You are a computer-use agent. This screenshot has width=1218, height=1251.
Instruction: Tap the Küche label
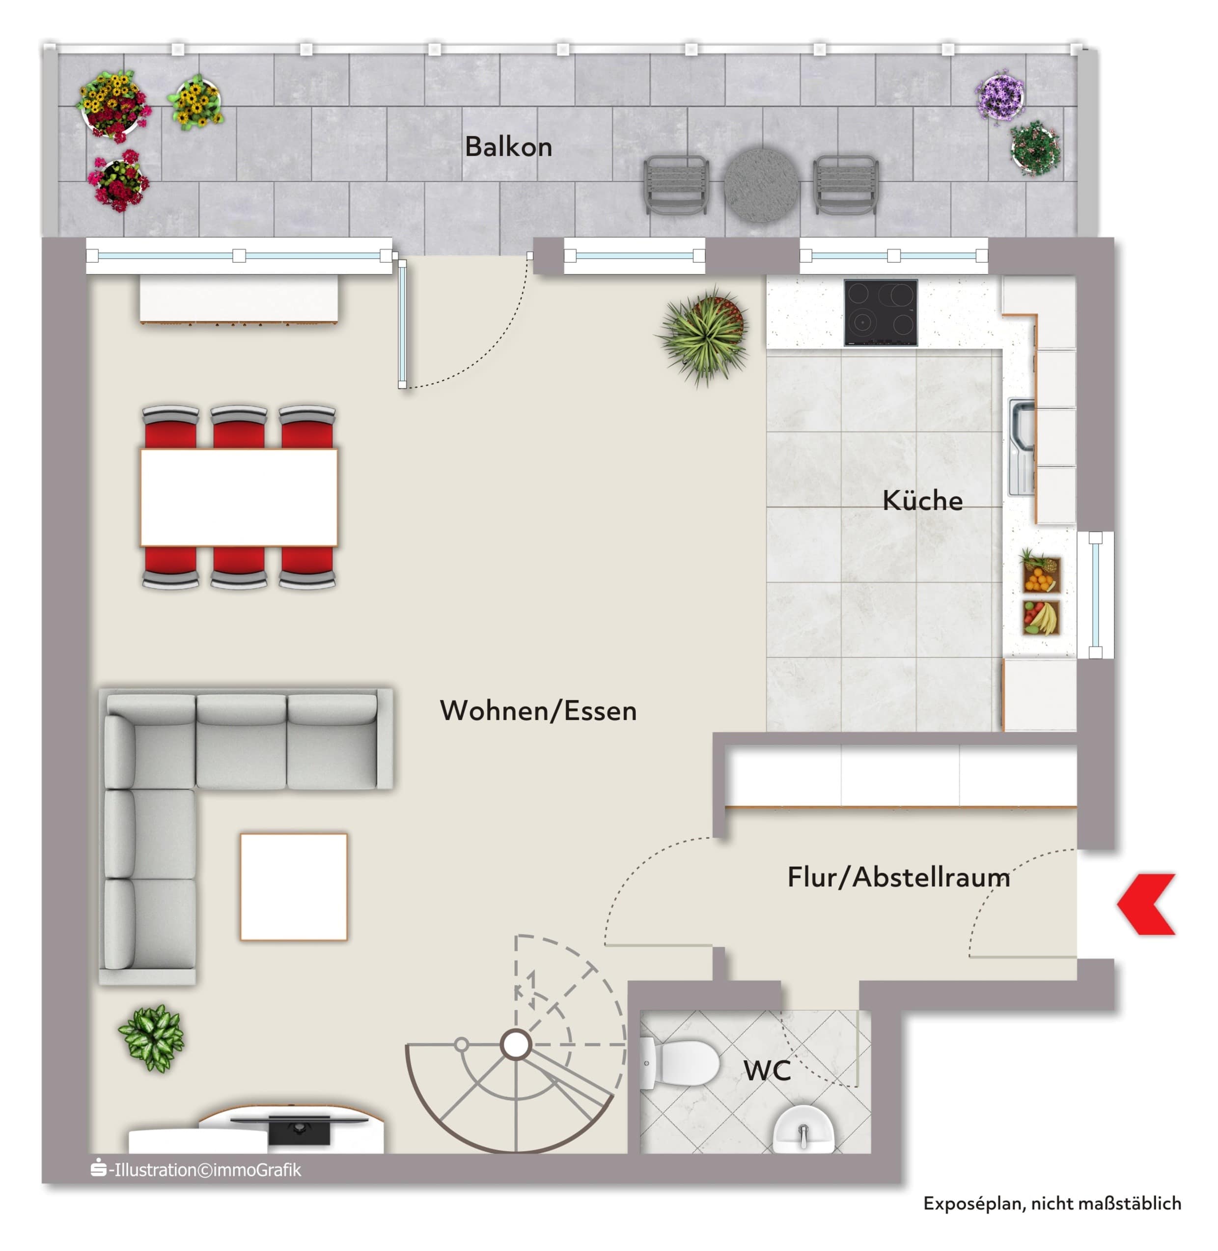click(x=922, y=500)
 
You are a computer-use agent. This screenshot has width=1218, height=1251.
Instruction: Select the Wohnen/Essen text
click(x=538, y=711)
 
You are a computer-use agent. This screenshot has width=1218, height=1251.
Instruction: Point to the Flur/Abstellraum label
click(x=899, y=877)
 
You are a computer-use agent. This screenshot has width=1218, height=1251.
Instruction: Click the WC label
click(x=767, y=1070)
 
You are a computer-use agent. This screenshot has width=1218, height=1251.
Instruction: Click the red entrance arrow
click(x=1146, y=904)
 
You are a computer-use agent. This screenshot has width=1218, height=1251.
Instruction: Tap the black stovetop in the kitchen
click(x=881, y=313)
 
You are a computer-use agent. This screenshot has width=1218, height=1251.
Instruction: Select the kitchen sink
click(x=1022, y=447)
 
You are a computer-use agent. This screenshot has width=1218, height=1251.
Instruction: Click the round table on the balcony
click(x=761, y=186)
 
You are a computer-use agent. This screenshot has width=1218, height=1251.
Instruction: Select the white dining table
click(x=239, y=497)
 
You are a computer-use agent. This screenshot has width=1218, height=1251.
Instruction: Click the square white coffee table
click(x=294, y=886)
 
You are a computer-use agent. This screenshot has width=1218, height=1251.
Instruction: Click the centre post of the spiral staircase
click(x=516, y=1045)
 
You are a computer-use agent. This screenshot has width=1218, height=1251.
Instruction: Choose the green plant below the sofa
click(x=152, y=1038)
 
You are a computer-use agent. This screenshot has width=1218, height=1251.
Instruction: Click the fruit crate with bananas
click(x=1041, y=618)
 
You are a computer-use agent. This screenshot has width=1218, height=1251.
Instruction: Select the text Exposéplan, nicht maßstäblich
click(x=1052, y=1204)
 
